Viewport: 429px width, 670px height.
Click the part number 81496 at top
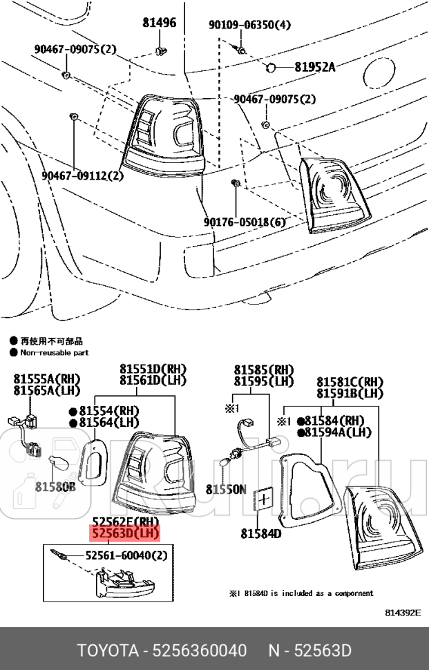point(160,23)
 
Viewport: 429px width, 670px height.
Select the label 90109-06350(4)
point(250,25)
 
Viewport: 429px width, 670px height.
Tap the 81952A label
point(314,67)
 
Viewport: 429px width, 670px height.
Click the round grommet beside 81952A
point(271,68)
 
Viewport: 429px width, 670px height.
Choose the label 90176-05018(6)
point(245,222)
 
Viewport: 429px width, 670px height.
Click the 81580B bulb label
point(55,486)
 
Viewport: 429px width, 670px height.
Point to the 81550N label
point(225,488)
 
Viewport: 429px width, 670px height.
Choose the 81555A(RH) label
point(46,379)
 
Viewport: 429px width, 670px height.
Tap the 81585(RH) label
point(263,370)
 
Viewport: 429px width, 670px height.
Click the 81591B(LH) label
point(350,393)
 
